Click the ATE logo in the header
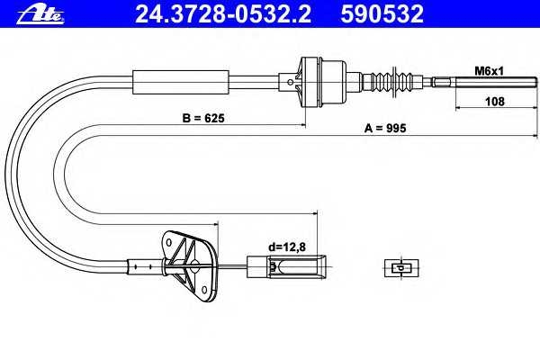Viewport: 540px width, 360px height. point(40,15)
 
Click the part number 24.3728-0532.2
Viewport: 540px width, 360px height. point(223,14)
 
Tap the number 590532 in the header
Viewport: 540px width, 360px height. point(382,14)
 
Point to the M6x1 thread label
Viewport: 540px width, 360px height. point(489,71)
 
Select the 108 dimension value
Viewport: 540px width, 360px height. point(494,102)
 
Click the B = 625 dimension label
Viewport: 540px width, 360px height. point(203,118)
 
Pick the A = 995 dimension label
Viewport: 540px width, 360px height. point(385,128)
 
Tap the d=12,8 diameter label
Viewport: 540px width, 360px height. point(287,247)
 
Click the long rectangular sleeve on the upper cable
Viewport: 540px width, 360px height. point(181,82)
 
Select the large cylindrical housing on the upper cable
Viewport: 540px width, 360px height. point(322,82)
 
